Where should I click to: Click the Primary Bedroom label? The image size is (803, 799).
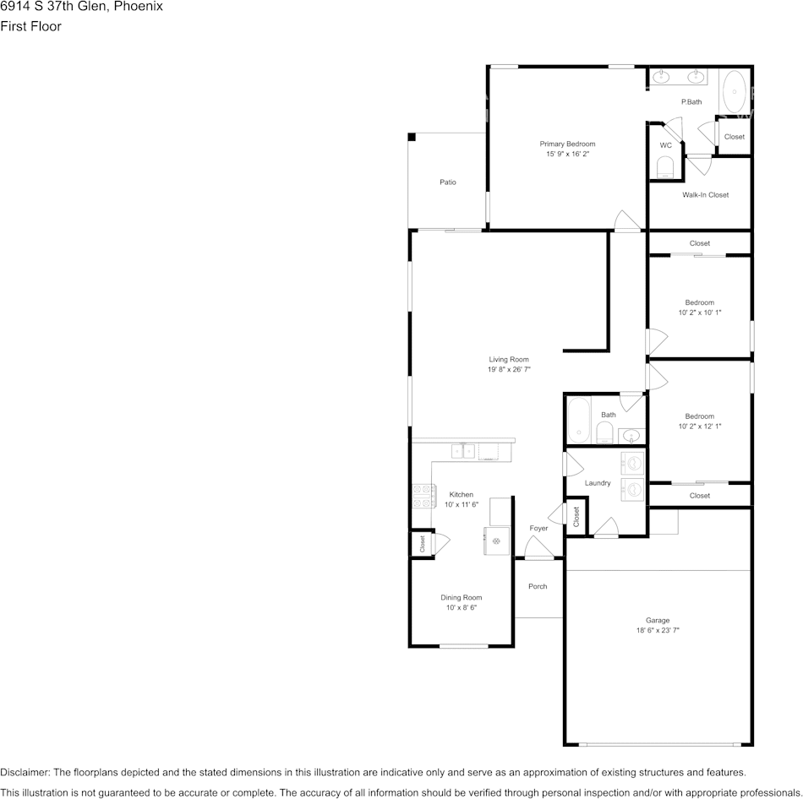(x=567, y=144)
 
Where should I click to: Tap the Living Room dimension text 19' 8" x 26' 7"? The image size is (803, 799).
(x=509, y=369)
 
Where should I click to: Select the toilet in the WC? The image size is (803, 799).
(x=665, y=167)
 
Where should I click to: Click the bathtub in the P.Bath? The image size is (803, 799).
(x=735, y=92)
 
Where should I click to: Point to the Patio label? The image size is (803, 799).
(x=448, y=182)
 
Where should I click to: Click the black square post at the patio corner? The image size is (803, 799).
(x=412, y=137)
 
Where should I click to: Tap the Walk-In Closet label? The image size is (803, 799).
(x=705, y=195)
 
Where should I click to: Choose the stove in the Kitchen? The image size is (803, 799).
(x=424, y=497)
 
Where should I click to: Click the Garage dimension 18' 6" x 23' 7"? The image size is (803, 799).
(x=658, y=631)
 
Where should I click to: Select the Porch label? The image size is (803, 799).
(x=538, y=587)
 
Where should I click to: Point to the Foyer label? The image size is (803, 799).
(x=538, y=528)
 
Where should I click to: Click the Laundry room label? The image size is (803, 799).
(x=598, y=483)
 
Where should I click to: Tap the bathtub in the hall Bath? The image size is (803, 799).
(x=579, y=421)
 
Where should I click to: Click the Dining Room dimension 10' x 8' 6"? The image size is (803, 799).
(x=462, y=607)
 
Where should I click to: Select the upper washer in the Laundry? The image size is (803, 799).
(x=632, y=464)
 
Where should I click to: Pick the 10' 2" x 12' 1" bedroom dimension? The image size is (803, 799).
(x=700, y=427)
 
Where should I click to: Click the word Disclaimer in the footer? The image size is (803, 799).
(x=25, y=772)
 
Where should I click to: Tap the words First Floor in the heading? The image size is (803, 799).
(x=30, y=26)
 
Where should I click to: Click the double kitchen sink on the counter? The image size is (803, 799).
(x=463, y=451)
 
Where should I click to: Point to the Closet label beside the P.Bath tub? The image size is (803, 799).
(x=735, y=137)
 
